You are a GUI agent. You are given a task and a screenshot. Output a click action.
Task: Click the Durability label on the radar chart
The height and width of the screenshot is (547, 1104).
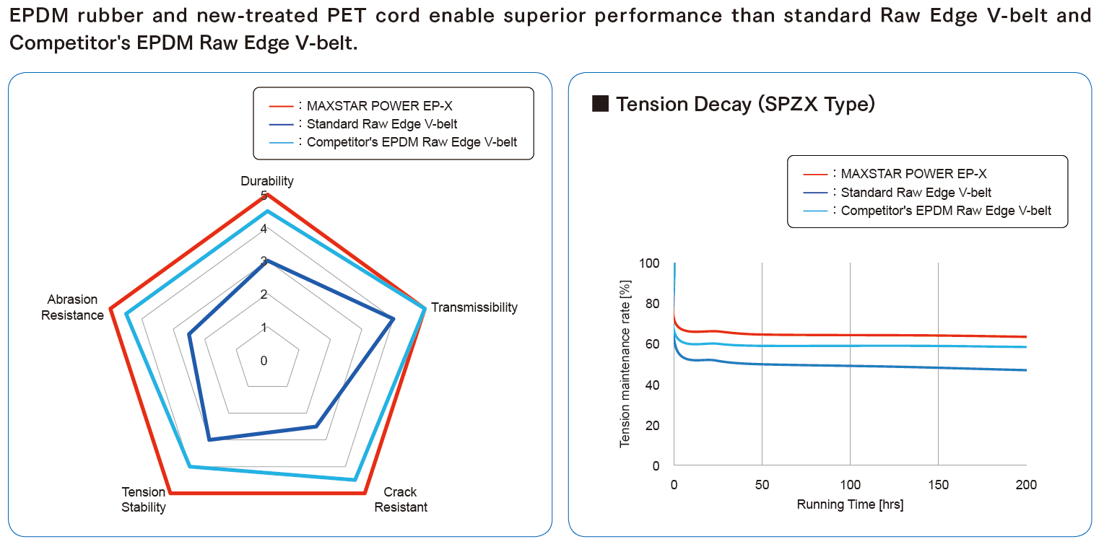click(266, 181)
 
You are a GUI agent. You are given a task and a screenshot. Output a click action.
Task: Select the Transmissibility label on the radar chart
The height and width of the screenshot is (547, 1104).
click(474, 307)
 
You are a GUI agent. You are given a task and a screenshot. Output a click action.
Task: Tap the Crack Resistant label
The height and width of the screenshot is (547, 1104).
click(401, 499)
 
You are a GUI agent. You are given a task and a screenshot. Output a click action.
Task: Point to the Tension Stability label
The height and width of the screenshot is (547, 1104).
click(144, 499)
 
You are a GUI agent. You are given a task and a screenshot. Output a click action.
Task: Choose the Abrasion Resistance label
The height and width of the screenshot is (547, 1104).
click(72, 307)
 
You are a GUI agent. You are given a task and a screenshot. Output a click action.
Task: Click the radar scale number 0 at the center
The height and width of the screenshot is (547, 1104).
click(264, 361)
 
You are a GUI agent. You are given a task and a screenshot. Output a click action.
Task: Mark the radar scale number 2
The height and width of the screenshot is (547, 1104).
click(264, 294)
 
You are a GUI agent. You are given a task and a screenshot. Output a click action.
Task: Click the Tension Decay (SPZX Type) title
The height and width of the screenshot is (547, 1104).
click(745, 104)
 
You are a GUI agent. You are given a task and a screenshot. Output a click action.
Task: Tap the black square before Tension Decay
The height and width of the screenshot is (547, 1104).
click(600, 103)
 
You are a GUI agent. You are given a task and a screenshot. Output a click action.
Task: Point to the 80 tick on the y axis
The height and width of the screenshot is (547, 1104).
click(652, 304)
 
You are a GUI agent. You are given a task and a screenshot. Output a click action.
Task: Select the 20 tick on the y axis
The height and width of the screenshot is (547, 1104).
click(652, 425)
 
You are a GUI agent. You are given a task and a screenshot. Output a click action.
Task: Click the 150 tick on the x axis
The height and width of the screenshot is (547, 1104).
click(938, 485)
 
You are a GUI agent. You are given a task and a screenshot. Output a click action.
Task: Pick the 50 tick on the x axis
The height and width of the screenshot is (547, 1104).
click(762, 485)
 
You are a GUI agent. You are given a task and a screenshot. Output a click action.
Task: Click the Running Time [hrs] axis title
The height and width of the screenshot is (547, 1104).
click(850, 504)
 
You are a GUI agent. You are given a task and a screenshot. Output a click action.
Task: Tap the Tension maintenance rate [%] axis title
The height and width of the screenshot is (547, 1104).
click(625, 364)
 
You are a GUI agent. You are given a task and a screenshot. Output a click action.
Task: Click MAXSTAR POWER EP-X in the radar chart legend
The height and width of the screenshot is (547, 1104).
click(380, 106)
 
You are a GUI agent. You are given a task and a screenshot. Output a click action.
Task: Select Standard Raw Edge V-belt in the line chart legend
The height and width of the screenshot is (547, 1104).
click(916, 192)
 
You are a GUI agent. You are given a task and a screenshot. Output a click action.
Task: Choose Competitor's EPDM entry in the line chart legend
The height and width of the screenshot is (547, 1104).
click(946, 211)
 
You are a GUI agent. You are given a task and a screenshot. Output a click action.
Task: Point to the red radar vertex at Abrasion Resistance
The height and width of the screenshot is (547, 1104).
click(111, 310)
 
